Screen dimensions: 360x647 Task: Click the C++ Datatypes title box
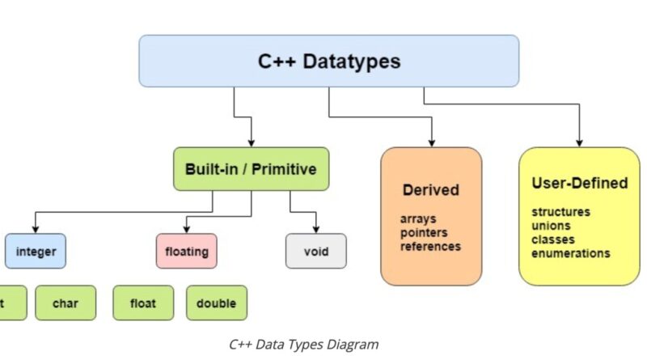click(x=328, y=61)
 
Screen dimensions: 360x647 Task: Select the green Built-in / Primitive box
click(x=251, y=169)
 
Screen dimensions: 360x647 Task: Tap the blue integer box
click(x=36, y=252)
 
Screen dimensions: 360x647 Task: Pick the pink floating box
click(x=186, y=252)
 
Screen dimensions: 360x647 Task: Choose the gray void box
click(x=315, y=252)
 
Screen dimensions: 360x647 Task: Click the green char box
click(x=66, y=303)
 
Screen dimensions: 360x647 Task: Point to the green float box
click(x=142, y=303)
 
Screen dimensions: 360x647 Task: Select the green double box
click(x=216, y=303)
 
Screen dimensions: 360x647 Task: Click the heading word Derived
click(x=430, y=191)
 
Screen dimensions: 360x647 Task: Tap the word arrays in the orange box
click(x=417, y=218)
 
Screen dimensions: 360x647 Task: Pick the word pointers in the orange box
click(x=423, y=232)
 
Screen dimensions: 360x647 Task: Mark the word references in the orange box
click(x=430, y=246)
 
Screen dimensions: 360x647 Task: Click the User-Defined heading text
click(x=579, y=184)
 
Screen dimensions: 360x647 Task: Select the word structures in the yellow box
click(x=560, y=212)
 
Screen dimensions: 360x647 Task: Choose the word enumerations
click(x=571, y=253)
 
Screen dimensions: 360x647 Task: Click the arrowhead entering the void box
click(x=315, y=229)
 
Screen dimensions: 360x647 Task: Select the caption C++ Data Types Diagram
click(x=303, y=344)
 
